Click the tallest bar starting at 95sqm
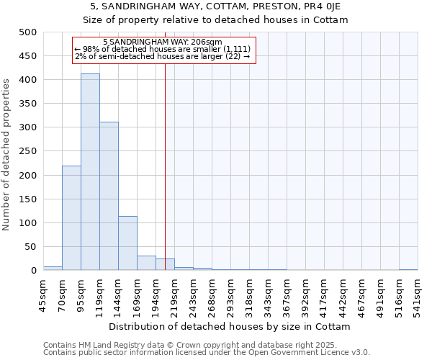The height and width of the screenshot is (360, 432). (x=90, y=172)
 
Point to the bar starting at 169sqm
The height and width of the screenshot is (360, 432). (x=146, y=263)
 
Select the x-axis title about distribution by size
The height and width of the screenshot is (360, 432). (x=230, y=326)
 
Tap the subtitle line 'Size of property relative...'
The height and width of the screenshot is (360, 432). (x=215, y=20)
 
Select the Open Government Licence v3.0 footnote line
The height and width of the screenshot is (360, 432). (x=207, y=353)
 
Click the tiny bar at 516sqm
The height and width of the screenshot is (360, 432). (x=408, y=269)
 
